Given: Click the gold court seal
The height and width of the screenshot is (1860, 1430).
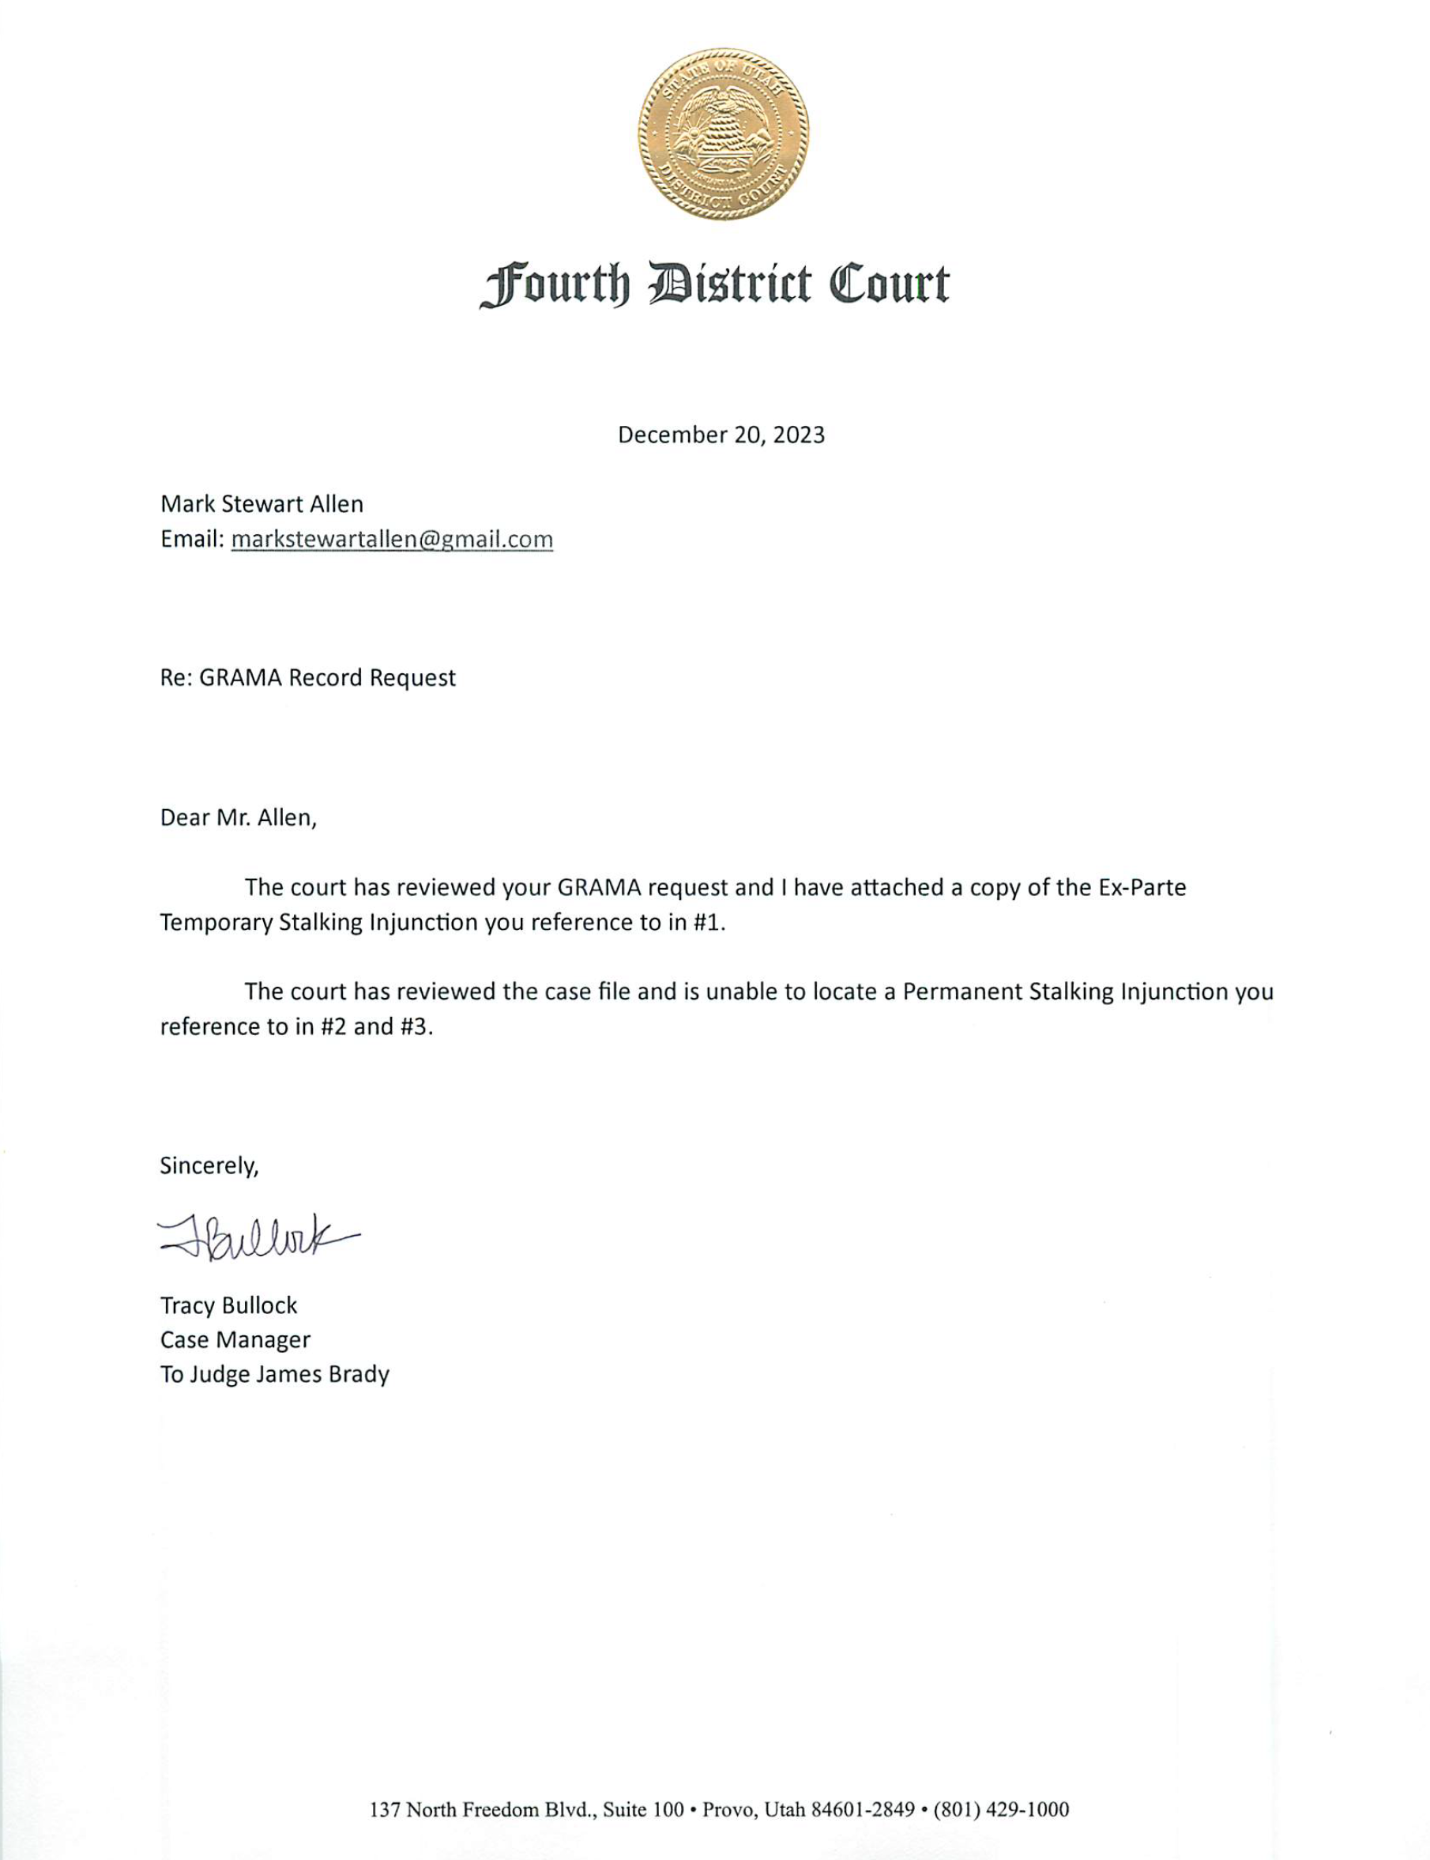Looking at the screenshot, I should (724, 134).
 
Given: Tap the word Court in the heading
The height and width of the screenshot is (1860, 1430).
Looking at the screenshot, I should (889, 284).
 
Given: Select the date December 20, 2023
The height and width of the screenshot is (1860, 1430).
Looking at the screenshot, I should (721, 435).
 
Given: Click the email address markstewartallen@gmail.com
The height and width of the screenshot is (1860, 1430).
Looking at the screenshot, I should (392, 540).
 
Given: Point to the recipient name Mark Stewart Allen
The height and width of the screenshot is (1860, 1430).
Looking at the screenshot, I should (262, 504).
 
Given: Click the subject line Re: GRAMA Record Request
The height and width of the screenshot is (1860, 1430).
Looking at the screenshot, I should (308, 678).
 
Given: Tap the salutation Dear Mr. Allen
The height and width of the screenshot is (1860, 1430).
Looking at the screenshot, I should (239, 818).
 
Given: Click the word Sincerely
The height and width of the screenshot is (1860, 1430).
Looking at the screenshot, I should (209, 1165).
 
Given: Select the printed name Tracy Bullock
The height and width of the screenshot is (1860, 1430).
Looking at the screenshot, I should (229, 1305).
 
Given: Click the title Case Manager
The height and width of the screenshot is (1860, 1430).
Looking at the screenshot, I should (235, 1340).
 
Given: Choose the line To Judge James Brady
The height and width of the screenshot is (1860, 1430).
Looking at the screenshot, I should (275, 1375).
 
